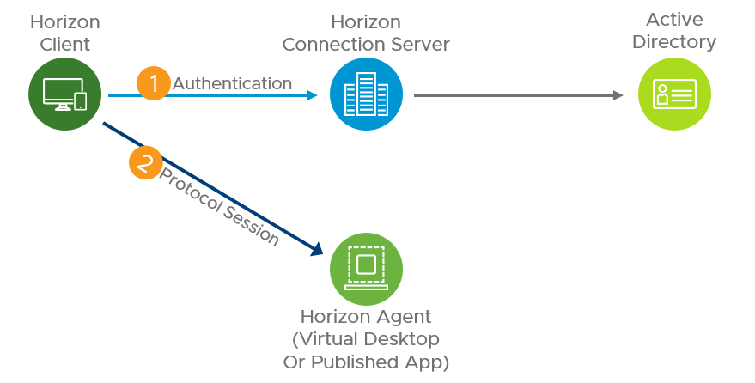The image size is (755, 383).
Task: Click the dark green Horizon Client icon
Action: point(65,94)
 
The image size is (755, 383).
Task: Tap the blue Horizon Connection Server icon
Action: point(366,94)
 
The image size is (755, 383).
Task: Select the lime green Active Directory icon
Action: point(674,94)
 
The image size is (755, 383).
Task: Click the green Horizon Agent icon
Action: point(366,268)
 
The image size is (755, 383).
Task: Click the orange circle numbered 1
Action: point(154,83)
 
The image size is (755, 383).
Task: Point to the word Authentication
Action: point(232,83)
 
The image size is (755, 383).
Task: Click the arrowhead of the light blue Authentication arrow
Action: point(312,95)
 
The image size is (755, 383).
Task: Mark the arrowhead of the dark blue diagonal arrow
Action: point(316,248)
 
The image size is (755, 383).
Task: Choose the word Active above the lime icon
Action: point(674,19)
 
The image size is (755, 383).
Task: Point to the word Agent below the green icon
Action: point(402,317)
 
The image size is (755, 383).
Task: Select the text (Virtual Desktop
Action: point(366,339)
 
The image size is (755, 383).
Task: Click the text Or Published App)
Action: point(366,362)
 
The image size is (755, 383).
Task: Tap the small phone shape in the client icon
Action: point(81,101)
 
